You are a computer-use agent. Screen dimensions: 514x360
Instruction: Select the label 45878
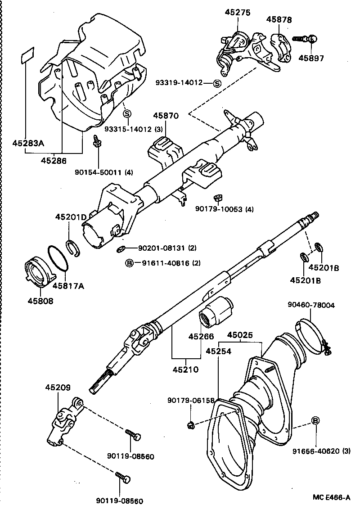(x=279, y=19)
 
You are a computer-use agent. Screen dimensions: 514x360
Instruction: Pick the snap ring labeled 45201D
(x=73, y=248)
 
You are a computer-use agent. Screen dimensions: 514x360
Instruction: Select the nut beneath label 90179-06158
(x=191, y=424)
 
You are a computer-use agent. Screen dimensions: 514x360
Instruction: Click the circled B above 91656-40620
(x=316, y=420)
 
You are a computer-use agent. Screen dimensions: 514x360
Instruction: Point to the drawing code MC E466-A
(x=332, y=497)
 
